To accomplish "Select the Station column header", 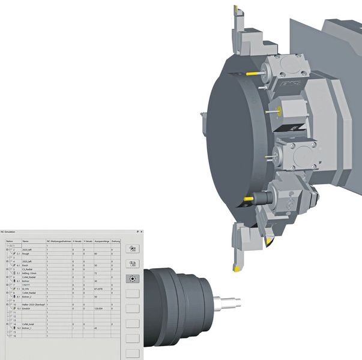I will pos(9,241).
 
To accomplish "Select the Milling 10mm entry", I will pos(29,273).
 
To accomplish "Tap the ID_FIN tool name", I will pos(26,289).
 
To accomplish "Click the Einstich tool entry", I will pos(27,308).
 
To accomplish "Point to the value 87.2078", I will pos(100,289).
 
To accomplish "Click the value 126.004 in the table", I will pos(99,308).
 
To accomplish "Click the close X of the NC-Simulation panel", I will pos(142,231).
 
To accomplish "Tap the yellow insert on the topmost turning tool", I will pos(237,8).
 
